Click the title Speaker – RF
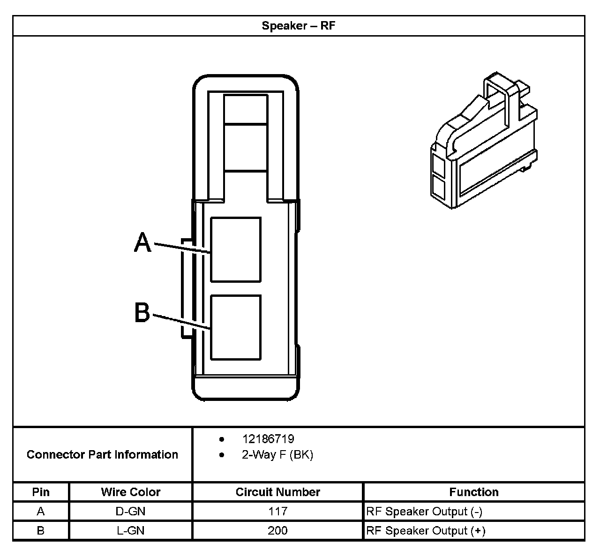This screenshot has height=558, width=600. point(299,26)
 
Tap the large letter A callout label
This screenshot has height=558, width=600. point(142,243)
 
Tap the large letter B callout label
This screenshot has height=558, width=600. point(142,312)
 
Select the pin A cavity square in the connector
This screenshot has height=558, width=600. point(236,249)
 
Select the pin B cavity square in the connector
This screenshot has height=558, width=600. point(236,327)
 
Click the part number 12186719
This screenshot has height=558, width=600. point(268,439)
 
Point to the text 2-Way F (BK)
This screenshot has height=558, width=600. point(277,455)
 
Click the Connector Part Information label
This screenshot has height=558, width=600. point(102,454)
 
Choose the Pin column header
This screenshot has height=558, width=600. point(41,492)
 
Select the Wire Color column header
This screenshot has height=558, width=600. point(130,492)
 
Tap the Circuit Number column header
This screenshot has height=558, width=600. point(277,492)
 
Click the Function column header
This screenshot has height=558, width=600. point(474,492)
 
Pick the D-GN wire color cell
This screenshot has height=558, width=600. point(130,511)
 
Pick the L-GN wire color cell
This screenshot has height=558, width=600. point(130,530)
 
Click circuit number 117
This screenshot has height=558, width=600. point(277,511)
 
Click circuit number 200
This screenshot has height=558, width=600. point(277,530)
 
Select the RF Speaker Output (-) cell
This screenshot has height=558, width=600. point(424,512)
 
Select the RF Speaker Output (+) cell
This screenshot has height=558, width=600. point(426,531)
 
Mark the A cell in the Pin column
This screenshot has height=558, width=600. point(41,511)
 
